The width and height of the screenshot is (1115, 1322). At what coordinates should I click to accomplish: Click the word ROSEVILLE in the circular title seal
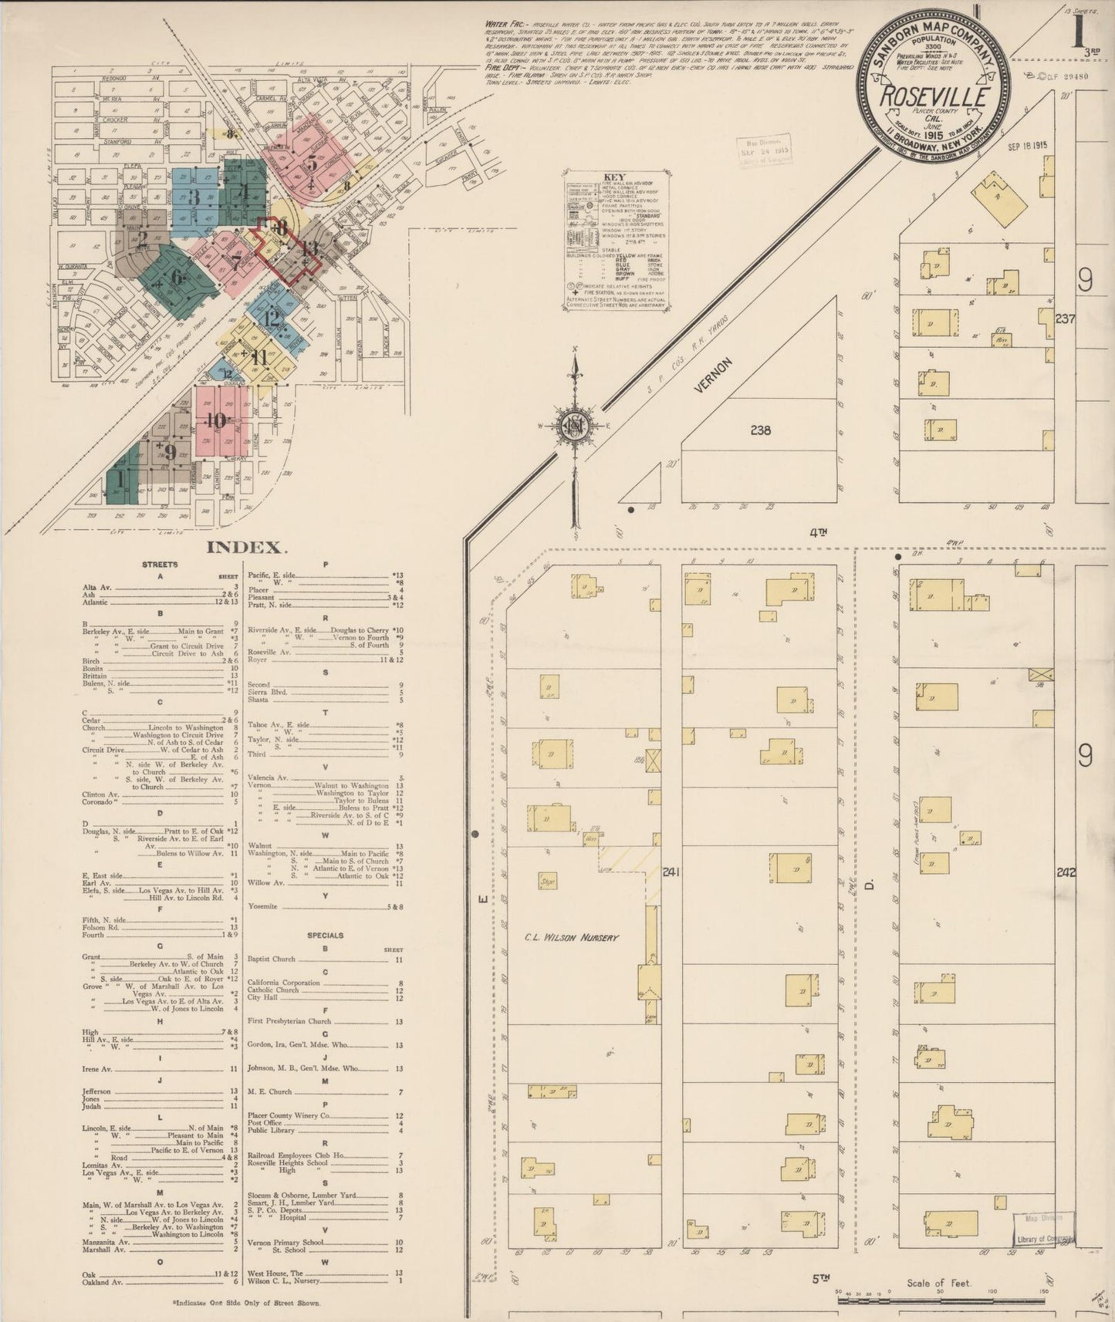pyautogui.click(x=935, y=97)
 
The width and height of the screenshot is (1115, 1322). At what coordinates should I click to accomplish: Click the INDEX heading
pyautogui.click(x=247, y=548)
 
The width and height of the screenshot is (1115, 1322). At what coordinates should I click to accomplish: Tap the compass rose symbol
pyautogui.click(x=574, y=425)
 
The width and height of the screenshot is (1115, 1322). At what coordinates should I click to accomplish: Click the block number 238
pyautogui.click(x=760, y=430)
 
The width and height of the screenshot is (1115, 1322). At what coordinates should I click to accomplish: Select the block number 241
pyautogui.click(x=670, y=872)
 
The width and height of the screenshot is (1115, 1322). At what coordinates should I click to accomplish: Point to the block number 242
pyautogui.click(x=1066, y=872)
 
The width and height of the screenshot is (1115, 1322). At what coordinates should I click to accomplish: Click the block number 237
pyautogui.click(x=1065, y=318)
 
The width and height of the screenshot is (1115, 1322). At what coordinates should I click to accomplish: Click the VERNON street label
pyautogui.click(x=712, y=376)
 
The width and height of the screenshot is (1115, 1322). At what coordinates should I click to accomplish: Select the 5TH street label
pyautogui.click(x=819, y=1277)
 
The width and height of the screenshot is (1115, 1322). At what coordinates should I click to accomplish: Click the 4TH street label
pyautogui.click(x=818, y=531)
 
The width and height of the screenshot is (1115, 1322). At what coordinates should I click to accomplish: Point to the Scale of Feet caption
pyautogui.click(x=939, y=1283)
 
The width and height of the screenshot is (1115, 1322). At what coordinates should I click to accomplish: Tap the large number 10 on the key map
pyautogui.click(x=216, y=420)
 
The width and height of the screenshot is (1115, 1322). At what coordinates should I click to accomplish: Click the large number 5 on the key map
pyautogui.click(x=312, y=163)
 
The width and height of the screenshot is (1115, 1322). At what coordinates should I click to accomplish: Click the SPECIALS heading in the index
pyautogui.click(x=325, y=935)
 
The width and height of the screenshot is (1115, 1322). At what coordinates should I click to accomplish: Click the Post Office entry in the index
pyautogui.click(x=266, y=1123)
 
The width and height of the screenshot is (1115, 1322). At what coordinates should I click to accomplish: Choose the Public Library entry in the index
pyautogui.click(x=271, y=1131)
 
